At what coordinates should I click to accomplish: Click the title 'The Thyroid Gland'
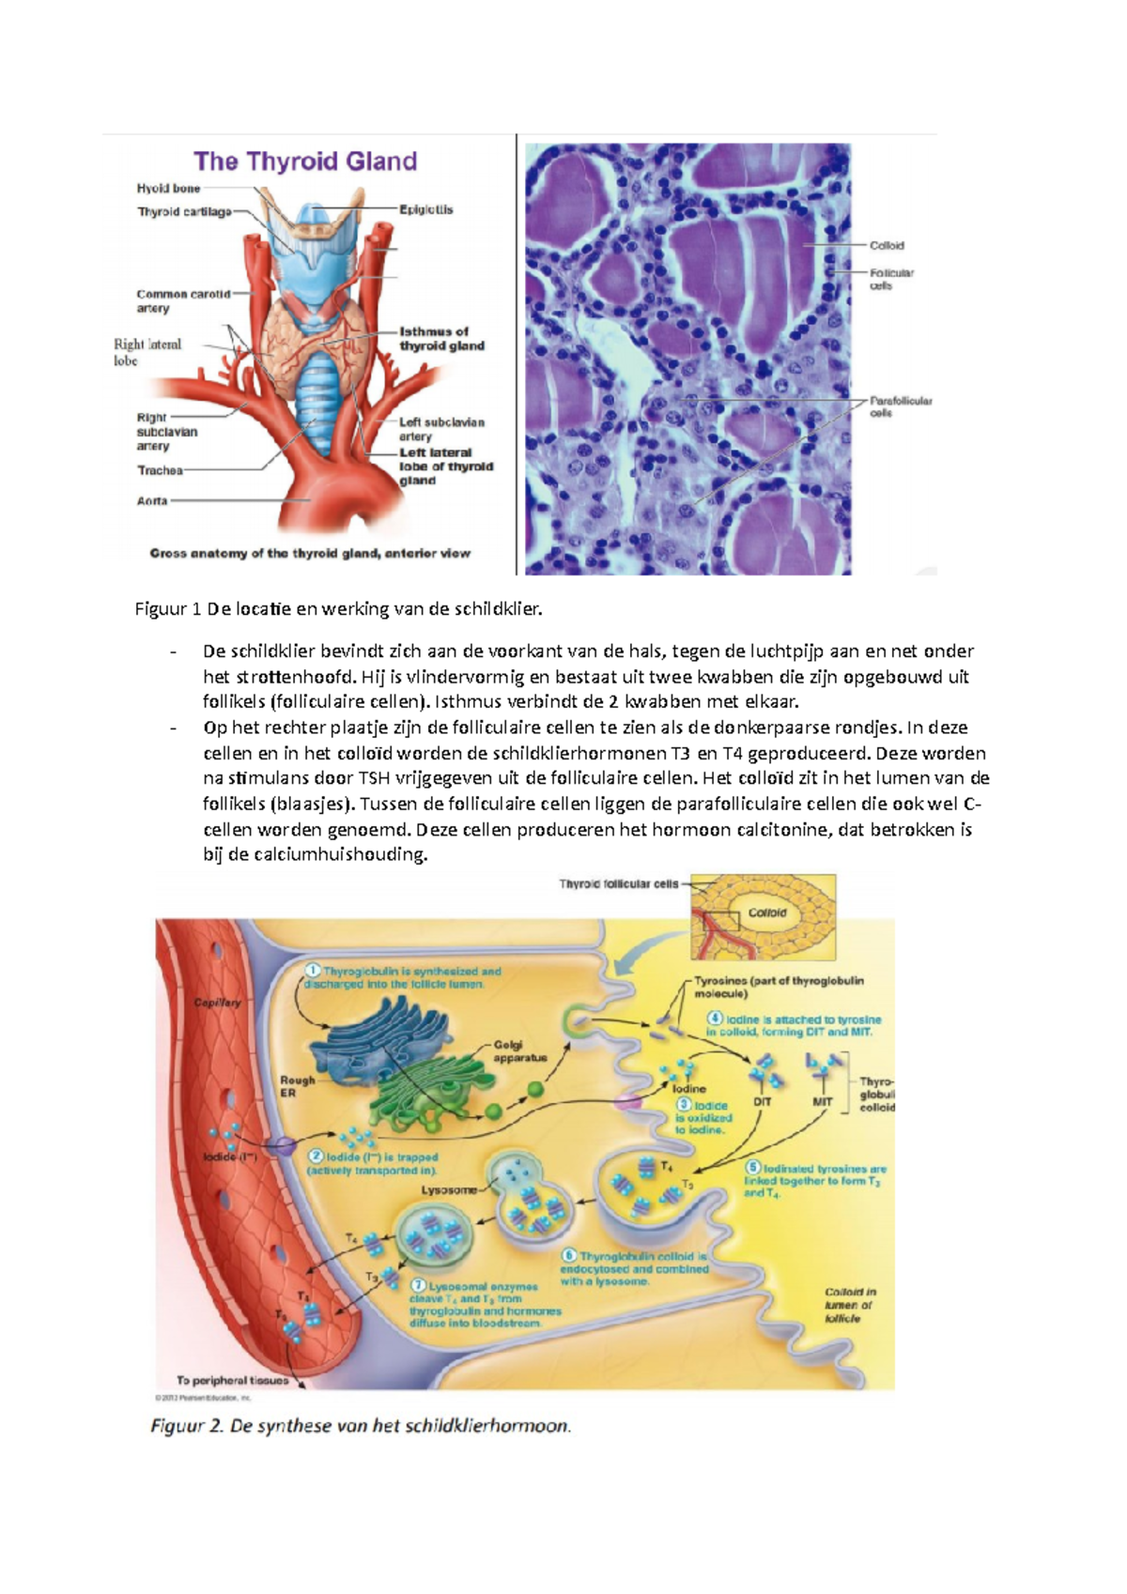305,161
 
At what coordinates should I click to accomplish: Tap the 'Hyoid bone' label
168,189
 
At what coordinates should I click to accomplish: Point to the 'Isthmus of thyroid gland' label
441,339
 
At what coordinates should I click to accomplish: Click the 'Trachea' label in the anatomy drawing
160,470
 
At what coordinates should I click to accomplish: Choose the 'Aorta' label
152,501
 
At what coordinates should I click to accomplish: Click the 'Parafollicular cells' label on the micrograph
900,406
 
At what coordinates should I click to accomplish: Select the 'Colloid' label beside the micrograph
887,246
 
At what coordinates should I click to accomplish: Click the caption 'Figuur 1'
168,609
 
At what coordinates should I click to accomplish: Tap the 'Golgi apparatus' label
520,1051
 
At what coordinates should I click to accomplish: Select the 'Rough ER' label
297,1086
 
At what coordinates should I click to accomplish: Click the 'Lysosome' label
449,1189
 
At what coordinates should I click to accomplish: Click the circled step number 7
419,1285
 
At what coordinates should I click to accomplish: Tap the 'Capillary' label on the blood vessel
218,1003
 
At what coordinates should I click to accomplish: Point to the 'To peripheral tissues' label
233,1380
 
